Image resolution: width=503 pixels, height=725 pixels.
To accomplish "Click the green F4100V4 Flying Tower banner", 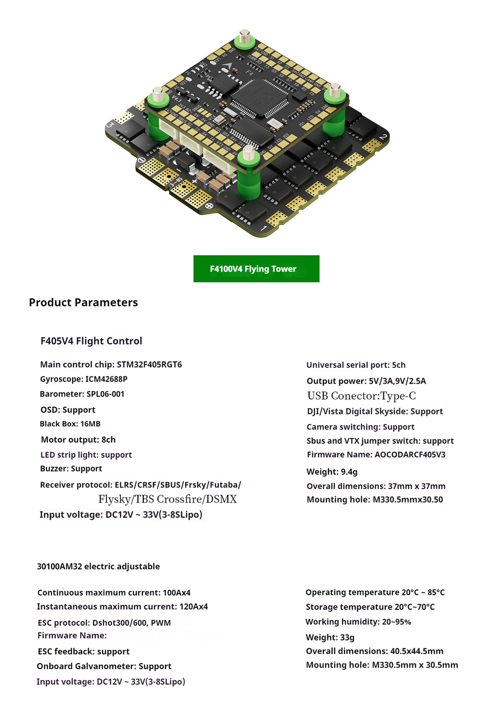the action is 256,269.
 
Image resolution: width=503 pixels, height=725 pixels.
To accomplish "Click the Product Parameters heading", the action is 83,302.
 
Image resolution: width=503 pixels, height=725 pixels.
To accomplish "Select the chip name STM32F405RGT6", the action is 149,364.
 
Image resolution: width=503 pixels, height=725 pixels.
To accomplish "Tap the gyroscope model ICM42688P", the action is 106,379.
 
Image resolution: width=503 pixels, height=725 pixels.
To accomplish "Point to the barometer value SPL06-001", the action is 106,394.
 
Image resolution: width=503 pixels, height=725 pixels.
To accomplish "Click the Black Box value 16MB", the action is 91,424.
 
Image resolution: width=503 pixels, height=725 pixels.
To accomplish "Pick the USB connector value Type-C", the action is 398,396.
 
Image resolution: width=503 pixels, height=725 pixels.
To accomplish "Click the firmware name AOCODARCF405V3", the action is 410,454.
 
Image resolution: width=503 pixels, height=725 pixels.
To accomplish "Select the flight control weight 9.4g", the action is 349,471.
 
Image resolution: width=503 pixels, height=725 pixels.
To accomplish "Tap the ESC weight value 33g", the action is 347,637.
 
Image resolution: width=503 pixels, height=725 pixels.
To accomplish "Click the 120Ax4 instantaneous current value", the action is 193,606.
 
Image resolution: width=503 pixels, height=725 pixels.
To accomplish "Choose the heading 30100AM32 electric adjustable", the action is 99,566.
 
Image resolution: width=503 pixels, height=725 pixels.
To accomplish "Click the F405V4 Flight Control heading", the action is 91,341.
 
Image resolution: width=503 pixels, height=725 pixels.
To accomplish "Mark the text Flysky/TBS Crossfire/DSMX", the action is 167,499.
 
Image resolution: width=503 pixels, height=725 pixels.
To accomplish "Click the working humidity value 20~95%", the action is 396,621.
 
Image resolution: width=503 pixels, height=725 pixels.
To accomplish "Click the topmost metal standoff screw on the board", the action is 245,36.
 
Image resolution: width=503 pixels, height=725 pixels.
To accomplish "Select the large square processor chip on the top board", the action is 260,97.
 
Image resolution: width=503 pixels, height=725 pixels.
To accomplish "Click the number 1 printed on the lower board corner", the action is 264,228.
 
